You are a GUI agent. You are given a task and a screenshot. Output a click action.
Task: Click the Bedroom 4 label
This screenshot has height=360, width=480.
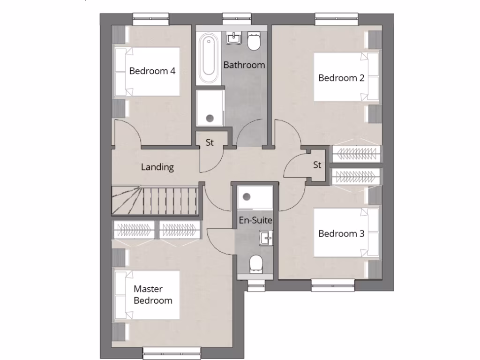tap(152, 72)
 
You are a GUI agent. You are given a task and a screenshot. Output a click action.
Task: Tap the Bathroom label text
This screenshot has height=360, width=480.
tap(244, 65)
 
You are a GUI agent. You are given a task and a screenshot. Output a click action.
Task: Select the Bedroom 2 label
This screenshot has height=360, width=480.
tap(341, 78)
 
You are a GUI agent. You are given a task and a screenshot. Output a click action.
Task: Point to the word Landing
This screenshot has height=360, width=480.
tap(157, 167)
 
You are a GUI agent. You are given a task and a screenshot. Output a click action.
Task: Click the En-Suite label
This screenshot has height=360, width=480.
tap(255, 219)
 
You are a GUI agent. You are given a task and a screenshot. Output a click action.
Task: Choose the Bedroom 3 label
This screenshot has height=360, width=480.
tap(341, 233)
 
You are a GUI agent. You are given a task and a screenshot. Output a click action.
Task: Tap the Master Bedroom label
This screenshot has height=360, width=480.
tap(153, 294)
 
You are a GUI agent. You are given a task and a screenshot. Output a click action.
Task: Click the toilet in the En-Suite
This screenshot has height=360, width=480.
tap(256, 263)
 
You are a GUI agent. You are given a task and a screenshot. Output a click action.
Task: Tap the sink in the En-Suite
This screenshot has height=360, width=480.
tap(266, 238)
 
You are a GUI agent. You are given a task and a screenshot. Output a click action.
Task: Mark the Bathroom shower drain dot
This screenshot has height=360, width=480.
tap(210, 118)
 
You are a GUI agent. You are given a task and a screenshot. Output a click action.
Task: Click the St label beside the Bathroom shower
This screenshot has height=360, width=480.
tap(210, 143)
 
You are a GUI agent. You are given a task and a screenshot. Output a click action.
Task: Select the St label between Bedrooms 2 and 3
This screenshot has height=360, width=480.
tap(317, 165)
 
